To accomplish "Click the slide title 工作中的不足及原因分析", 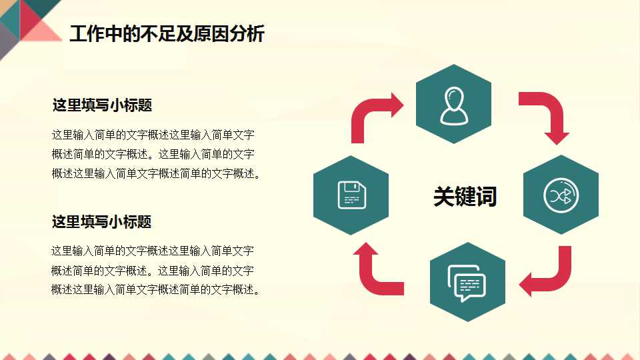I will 167,33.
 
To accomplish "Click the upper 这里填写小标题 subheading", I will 102,105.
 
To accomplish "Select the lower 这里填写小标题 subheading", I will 102,222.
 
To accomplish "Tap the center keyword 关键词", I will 465,196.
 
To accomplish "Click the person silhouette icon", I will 453,106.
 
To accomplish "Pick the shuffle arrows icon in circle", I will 561,195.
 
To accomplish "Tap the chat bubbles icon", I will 467,283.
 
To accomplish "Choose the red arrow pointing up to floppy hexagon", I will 377,270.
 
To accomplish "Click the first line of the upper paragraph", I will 153,135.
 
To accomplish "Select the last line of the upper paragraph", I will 155,174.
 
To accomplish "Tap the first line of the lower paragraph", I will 153,251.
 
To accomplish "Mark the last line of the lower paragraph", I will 155,290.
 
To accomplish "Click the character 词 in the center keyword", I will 486,196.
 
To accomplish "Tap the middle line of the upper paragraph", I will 153,155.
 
